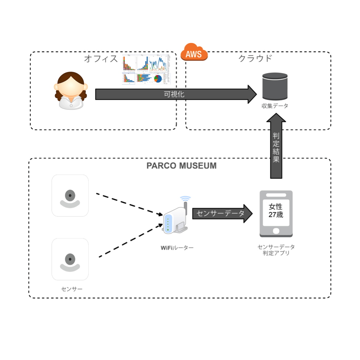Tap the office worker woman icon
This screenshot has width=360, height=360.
point(70,91)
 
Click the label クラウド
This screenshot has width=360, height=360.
point(255,59)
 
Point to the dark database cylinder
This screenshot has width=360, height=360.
point(275,87)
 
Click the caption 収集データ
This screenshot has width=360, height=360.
point(275,106)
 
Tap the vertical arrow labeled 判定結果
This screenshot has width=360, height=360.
point(276,147)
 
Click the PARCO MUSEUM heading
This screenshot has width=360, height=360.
point(181,166)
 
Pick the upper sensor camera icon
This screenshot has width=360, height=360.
point(70,196)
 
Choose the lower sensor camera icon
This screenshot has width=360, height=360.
point(70,259)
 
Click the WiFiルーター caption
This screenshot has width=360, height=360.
point(177,248)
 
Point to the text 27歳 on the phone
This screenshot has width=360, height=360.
point(276,215)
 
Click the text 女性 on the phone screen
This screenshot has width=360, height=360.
point(276,206)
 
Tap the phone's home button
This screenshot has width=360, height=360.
point(276,231)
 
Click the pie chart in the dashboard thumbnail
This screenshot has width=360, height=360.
point(158,79)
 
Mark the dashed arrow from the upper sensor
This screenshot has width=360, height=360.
point(128,204)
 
